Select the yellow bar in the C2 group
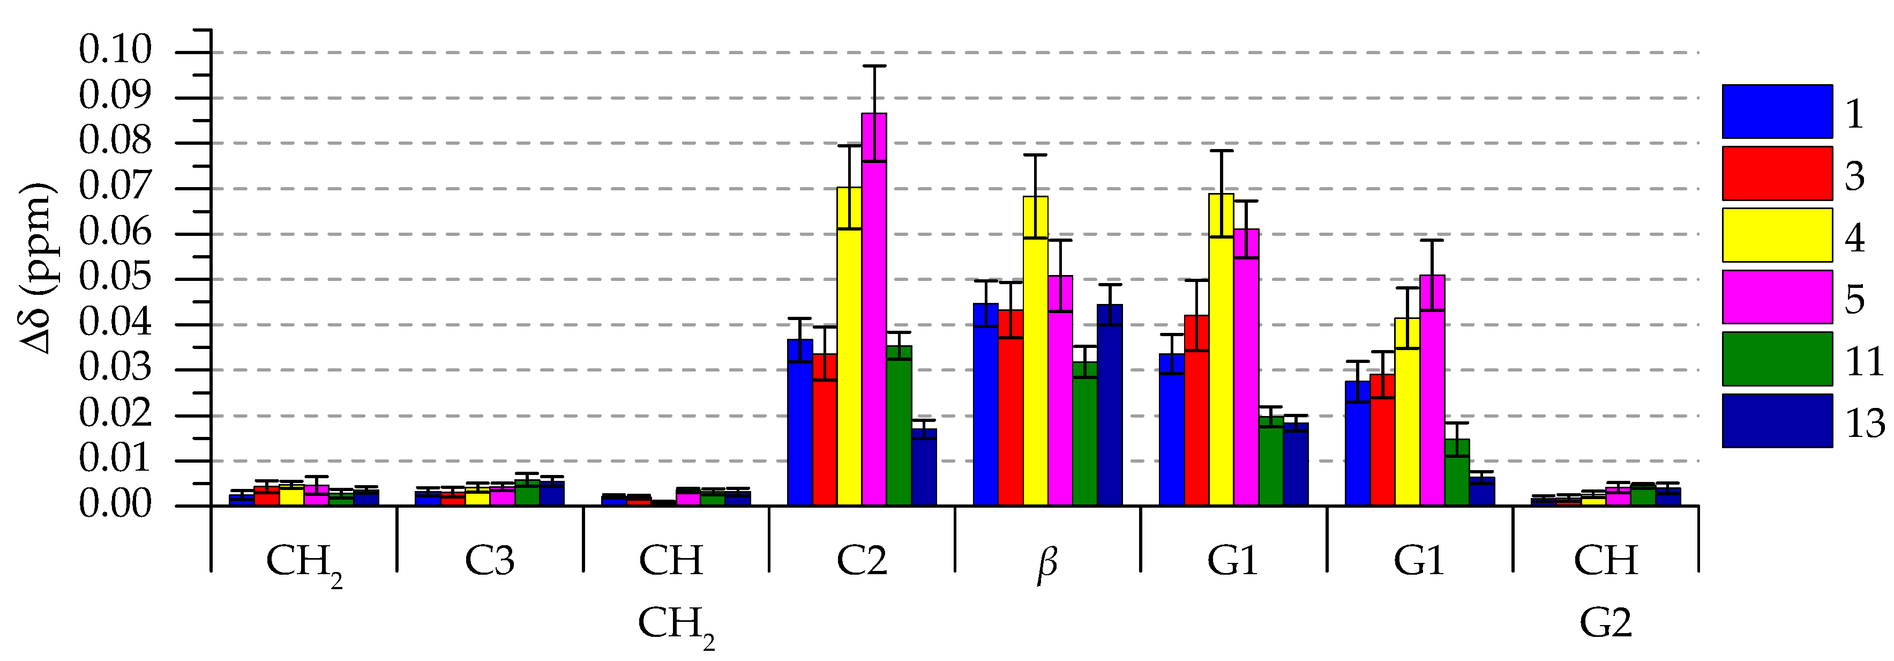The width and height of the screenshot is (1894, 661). (849, 346)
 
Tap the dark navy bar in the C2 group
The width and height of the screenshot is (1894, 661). (924, 467)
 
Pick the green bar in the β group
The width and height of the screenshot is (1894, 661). (1085, 434)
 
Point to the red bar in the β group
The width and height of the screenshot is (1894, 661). (1010, 408)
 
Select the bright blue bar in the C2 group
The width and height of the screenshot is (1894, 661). (800, 423)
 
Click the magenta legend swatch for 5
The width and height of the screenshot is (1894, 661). (1777, 296)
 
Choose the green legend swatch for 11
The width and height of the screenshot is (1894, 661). (1777, 359)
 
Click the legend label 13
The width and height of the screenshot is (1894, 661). (1865, 423)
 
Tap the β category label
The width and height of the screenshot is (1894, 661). (1047, 562)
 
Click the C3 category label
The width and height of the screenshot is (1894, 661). (490, 560)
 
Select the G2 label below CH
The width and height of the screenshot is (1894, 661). (1606, 623)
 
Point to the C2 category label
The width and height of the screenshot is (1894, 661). (862, 560)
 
